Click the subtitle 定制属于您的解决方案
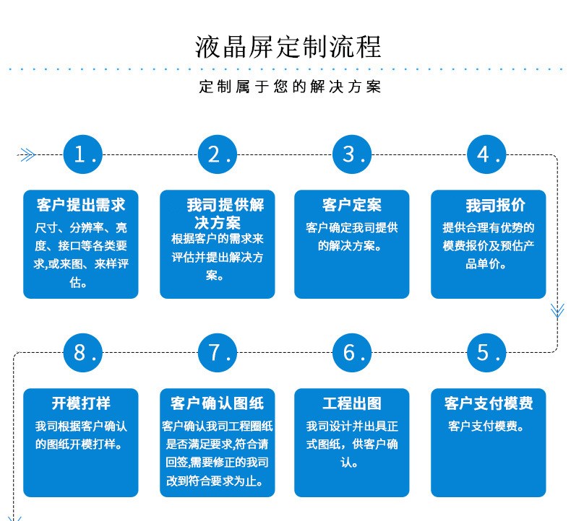[290, 87]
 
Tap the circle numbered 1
[84, 154]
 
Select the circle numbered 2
[218, 154]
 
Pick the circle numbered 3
[353, 154]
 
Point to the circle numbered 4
[487, 154]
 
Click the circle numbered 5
[487, 352]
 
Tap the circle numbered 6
[353, 352]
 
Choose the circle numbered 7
[218, 352]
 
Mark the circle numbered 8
[84, 352]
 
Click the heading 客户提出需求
[81, 205]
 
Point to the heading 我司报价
[495, 205]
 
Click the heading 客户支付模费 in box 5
[488, 403]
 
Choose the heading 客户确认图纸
[216, 403]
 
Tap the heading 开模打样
[81, 403]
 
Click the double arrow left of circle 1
[27, 154]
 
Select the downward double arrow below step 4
[557, 310]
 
